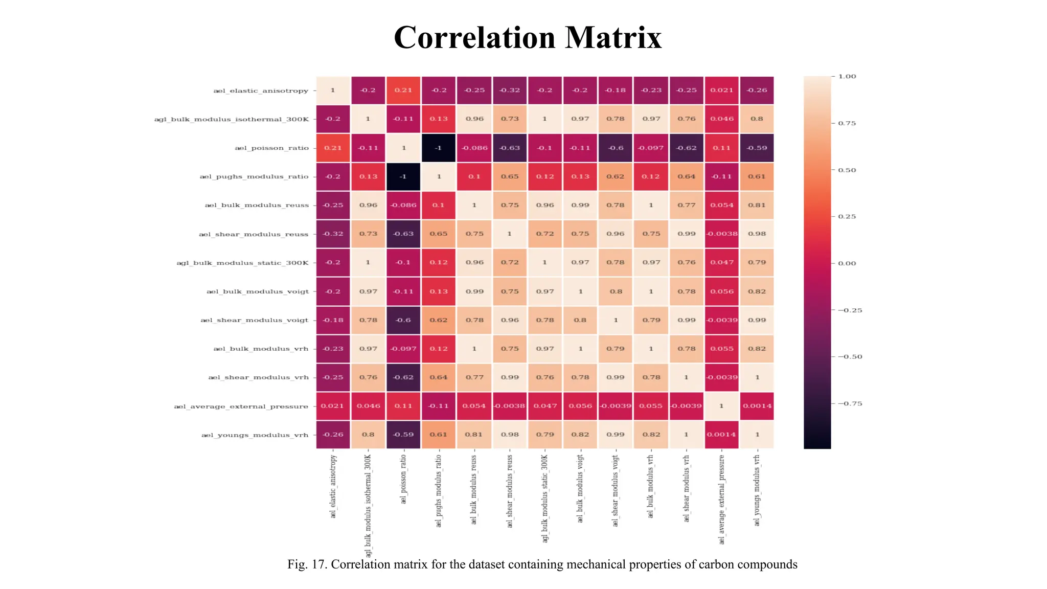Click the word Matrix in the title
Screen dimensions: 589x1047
click(613, 38)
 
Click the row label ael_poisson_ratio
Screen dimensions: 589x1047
click(271, 148)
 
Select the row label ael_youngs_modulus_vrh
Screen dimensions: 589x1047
click(255, 435)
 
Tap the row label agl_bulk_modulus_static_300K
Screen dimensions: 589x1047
click(242, 263)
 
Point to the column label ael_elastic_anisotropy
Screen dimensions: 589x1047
click(333, 486)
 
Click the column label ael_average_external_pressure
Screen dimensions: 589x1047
click(722, 499)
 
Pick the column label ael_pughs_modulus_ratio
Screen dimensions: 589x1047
click(439, 491)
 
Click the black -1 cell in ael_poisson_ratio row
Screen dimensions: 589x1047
click(438, 148)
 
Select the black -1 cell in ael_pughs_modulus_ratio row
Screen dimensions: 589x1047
click(403, 176)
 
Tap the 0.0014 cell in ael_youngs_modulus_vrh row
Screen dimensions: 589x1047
click(721, 435)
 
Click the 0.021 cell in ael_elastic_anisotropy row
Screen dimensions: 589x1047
click(721, 90)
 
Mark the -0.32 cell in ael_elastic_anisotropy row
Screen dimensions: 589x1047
click(509, 90)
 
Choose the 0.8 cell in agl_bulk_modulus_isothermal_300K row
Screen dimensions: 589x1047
click(757, 119)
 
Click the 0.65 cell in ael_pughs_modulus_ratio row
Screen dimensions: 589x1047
click(509, 176)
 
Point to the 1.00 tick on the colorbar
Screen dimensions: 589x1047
click(847, 77)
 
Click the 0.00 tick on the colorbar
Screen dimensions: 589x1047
click(847, 263)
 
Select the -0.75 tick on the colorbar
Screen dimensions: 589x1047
click(849, 404)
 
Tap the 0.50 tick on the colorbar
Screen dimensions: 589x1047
click(847, 170)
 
